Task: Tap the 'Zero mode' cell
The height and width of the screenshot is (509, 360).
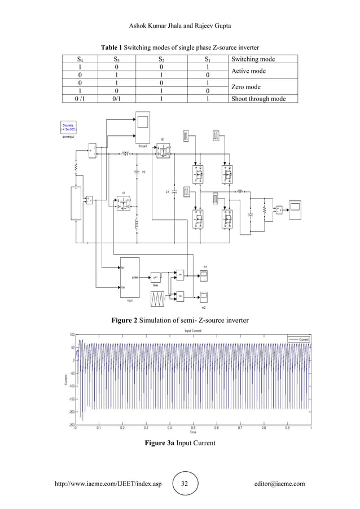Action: click(246, 87)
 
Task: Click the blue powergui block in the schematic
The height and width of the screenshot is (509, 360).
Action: click(71, 126)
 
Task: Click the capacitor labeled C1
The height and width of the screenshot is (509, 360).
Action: click(174, 192)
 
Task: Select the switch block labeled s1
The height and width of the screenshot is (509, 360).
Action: click(122, 207)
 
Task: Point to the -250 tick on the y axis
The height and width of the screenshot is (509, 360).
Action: click(72, 425)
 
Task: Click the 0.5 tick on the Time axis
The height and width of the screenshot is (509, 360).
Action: click(193, 429)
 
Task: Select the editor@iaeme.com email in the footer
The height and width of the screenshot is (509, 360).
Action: click(280, 484)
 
